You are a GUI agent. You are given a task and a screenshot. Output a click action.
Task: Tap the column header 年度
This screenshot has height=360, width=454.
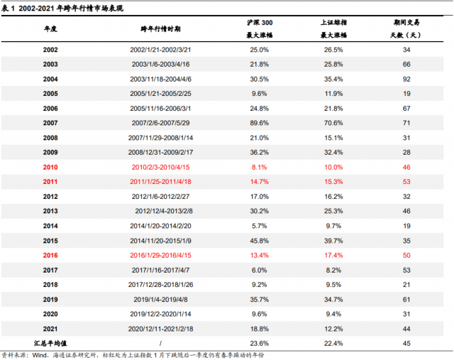[x=50, y=28]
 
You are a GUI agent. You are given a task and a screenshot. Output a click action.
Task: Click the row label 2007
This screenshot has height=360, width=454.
[x=50, y=123]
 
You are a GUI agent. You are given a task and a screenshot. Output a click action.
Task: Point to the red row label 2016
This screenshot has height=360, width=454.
[x=50, y=255]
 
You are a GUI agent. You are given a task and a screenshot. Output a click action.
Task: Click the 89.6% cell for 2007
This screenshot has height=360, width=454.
[x=259, y=123]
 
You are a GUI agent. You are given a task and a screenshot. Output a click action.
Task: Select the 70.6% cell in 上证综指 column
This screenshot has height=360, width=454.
[x=333, y=123]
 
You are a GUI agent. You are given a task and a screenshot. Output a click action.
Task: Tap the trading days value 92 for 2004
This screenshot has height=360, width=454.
[x=406, y=79]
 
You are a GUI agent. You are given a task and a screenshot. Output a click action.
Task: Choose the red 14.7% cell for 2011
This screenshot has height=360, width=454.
[x=259, y=182]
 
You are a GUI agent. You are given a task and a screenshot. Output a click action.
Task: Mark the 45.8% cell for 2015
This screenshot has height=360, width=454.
[x=259, y=241]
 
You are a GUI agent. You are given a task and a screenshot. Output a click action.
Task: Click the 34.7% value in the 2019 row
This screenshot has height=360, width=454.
[x=333, y=299]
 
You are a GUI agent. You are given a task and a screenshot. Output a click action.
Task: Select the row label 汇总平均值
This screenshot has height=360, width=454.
[x=50, y=343]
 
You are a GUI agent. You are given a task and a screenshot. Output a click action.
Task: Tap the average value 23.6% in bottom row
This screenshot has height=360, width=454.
[x=259, y=343]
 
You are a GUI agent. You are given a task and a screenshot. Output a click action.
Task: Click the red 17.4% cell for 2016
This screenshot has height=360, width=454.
[x=333, y=255]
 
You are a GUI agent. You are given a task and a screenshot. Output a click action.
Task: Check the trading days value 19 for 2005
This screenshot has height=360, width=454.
[x=406, y=94]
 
